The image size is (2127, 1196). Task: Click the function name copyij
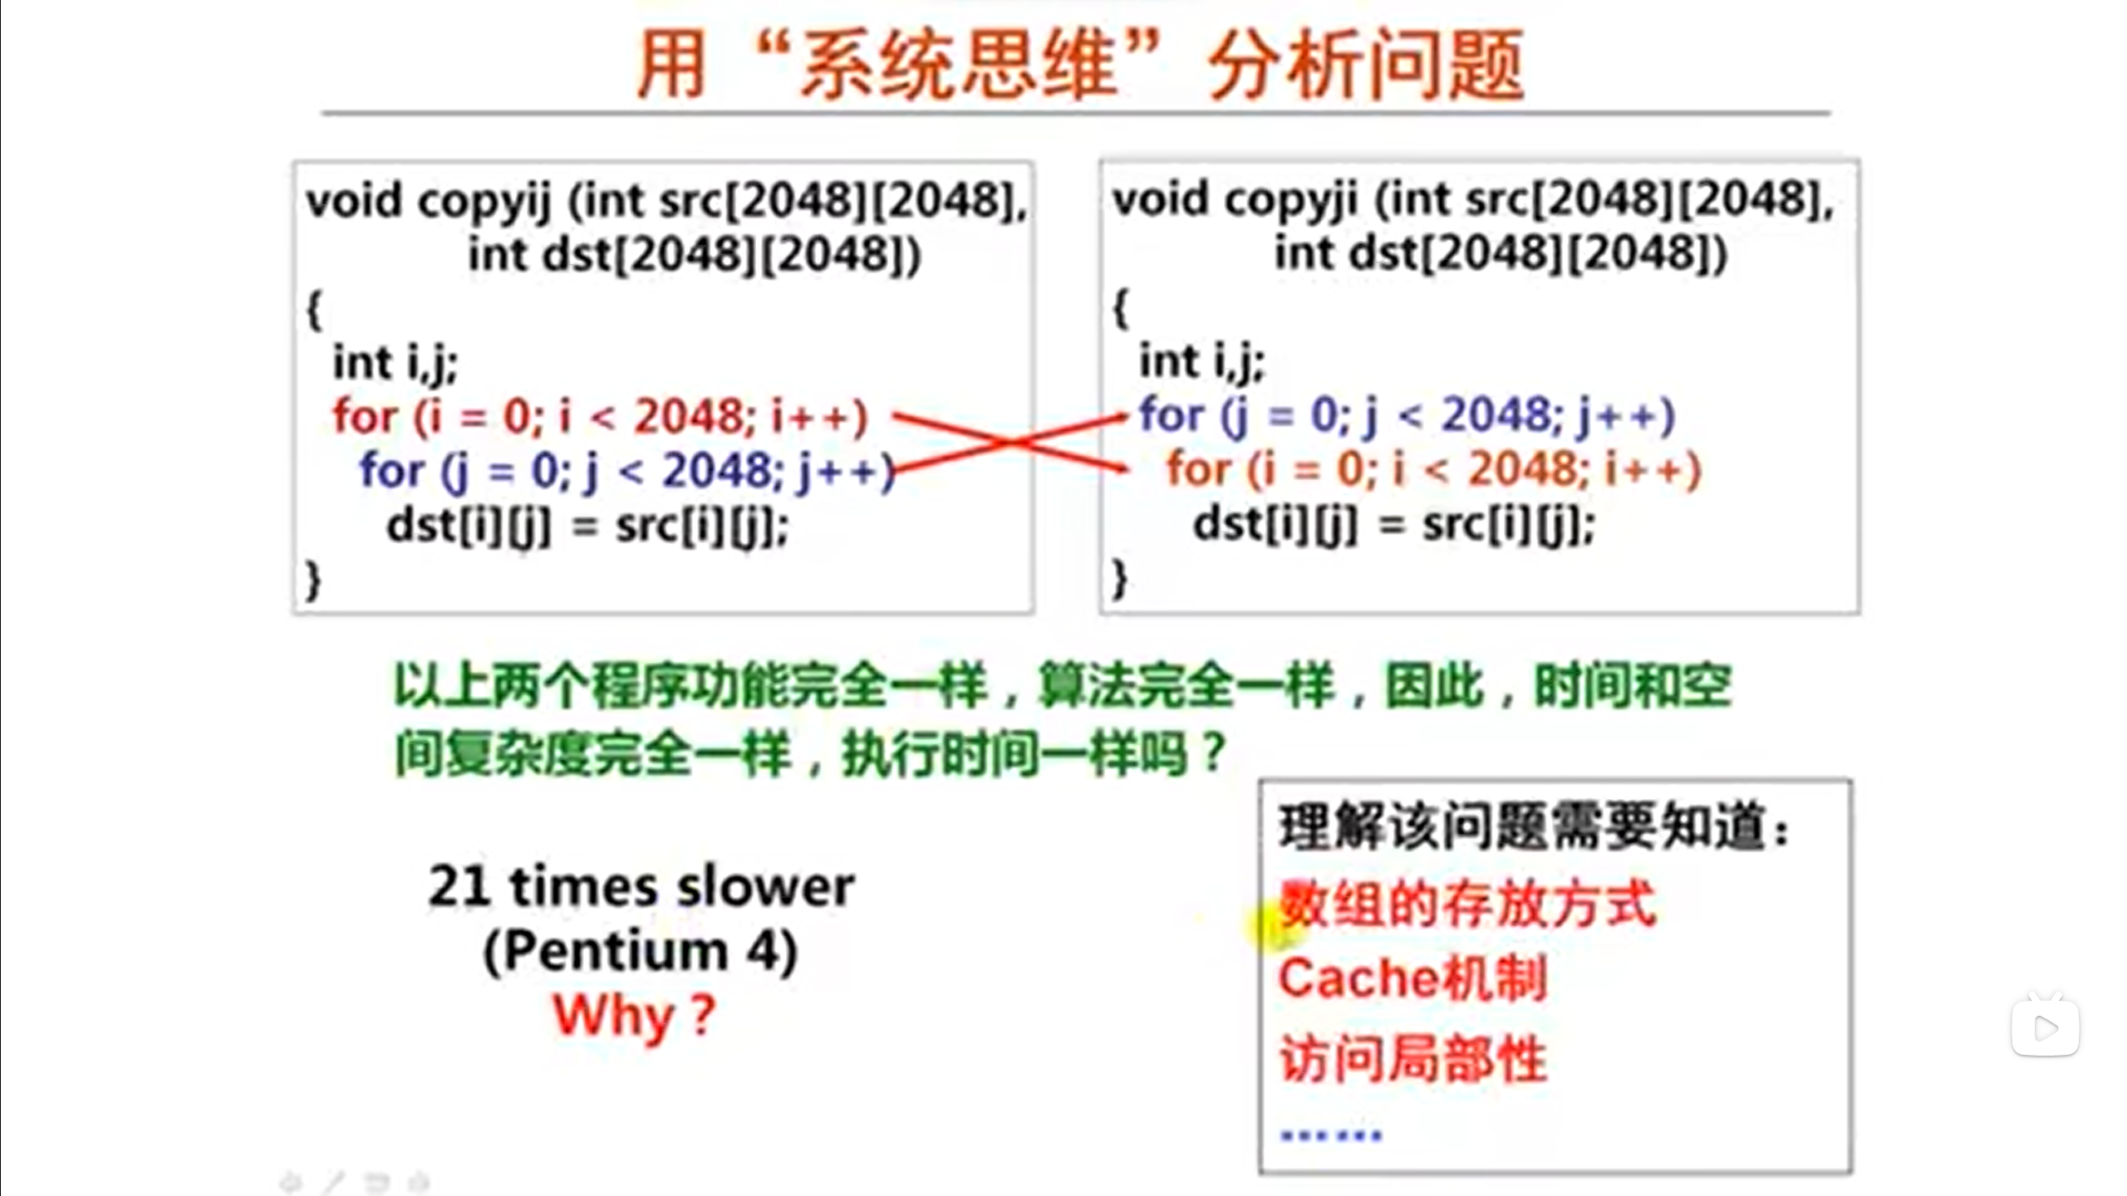click(485, 201)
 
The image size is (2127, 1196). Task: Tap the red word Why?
click(634, 1015)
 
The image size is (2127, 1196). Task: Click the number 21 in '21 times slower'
click(458, 886)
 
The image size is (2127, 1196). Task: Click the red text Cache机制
click(1412, 978)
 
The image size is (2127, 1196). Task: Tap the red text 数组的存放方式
click(1467, 904)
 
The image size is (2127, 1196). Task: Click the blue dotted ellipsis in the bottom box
click(1331, 1135)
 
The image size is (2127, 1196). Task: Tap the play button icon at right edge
click(2045, 1027)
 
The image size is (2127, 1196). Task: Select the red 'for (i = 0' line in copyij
click(600, 417)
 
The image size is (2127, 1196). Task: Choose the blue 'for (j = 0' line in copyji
click(1407, 415)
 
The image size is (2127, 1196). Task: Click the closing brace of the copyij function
click(313, 579)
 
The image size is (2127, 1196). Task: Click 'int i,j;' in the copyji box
click(1201, 362)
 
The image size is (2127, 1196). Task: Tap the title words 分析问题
click(1366, 65)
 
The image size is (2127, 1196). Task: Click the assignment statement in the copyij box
click(587, 526)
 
